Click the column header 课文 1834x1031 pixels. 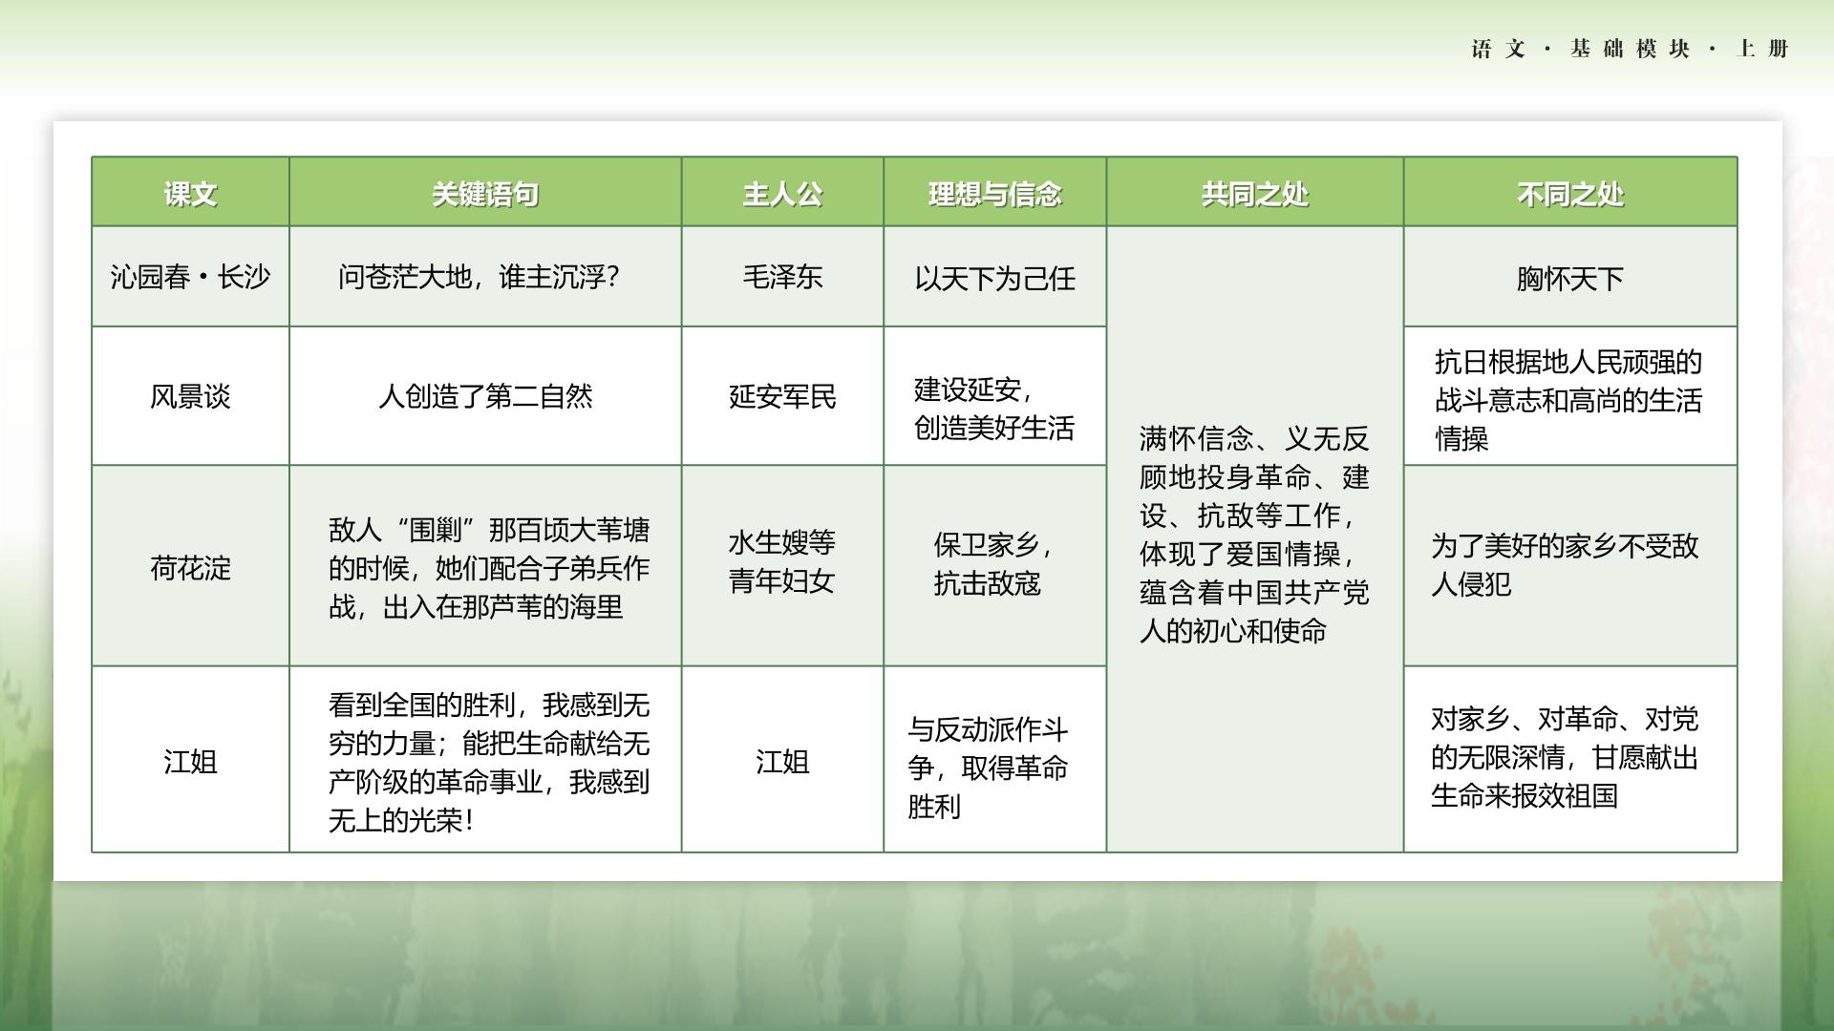[190, 195]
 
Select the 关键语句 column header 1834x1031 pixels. [485, 195]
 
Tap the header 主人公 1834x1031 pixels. [782, 195]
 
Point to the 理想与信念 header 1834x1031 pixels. [995, 195]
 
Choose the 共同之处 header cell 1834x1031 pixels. [1255, 195]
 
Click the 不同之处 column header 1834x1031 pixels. [1570, 195]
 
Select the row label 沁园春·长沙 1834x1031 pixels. [190, 277]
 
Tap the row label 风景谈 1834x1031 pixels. [190, 396]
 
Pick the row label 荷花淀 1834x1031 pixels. [190, 568]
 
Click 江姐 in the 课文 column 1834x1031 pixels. [190, 762]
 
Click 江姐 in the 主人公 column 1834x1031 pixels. [782, 762]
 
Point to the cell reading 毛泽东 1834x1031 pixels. [782, 277]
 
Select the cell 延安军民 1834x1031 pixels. [782, 396]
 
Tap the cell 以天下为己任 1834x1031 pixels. [995, 279]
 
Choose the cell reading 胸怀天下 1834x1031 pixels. [1570, 279]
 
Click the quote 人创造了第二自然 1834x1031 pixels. [485, 396]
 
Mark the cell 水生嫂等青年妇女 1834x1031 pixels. [782, 561]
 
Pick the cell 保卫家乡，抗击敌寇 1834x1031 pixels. [993, 564]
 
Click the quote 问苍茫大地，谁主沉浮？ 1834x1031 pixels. [480, 277]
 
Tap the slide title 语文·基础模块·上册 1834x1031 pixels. [1630, 49]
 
